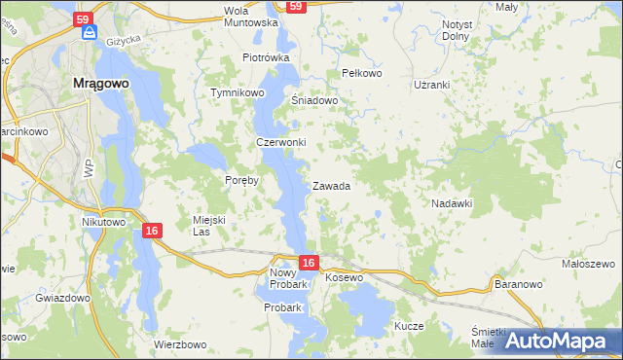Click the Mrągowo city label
pyautogui.click(x=101, y=84)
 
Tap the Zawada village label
pyautogui.click(x=331, y=186)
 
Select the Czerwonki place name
pyautogui.click(x=281, y=142)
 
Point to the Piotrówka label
pyautogui.click(x=267, y=57)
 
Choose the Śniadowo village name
pyautogui.click(x=314, y=100)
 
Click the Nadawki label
pyautogui.click(x=452, y=203)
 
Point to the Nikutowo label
pyautogui.click(x=104, y=222)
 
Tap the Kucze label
pyautogui.click(x=409, y=326)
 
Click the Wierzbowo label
pyautogui.click(x=181, y=344)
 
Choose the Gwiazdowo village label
pyautogui.click(x=62, y=298)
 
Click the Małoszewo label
pyautogui.click(x=589, y=264)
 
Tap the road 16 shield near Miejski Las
pyautogui.click(x=151, y=231)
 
